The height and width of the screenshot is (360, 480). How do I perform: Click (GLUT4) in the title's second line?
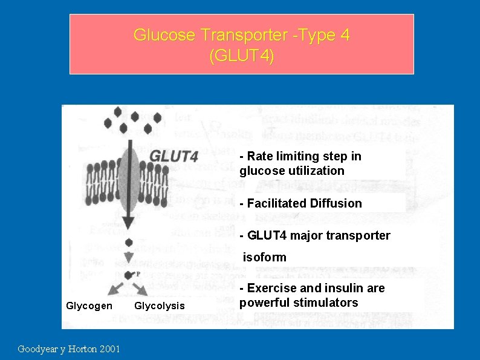pos(241,56)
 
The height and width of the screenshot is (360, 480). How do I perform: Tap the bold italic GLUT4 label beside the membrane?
pos(174,155)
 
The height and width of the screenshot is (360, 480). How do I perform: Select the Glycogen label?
pos(89,306)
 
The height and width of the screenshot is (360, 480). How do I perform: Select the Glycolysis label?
pos(160,306)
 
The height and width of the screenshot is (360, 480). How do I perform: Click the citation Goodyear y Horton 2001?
pos(69,349)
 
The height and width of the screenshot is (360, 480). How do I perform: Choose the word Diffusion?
pos(336,203)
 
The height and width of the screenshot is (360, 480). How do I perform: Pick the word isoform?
pos(265,257)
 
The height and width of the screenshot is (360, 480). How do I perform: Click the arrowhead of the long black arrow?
pos(128,224)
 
